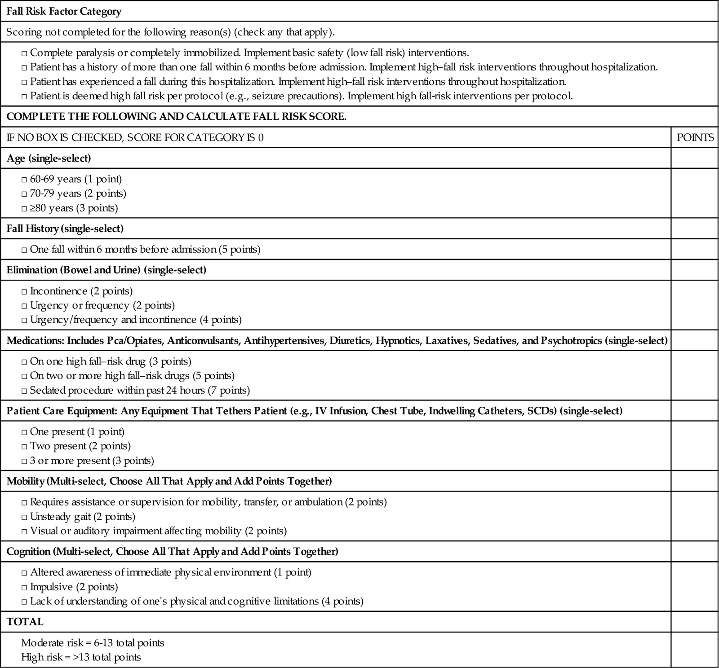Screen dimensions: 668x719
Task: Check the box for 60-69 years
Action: pyautogui.click(x=24, y=180)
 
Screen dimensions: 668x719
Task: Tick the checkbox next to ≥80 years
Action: pyautogui.click(x=24, y=208)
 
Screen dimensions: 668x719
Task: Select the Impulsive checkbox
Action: pyautogui.click(x=24, y=587)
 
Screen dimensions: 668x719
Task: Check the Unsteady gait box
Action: pyautogui.click(x=24, y=517)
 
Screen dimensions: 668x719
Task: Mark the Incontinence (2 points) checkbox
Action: pyautogui.click(x=24, y=292)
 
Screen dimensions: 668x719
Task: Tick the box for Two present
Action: pyautogui.click(x=24, y=447)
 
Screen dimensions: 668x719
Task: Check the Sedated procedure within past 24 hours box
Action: pyautogui.click(x=24, y=391)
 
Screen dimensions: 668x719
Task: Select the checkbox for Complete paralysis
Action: pyautogui.click(x=24, y=53)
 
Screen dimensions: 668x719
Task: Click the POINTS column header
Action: pyautogui.click(x=695, y=137)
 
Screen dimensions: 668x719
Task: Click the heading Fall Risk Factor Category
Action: pyautogui.click(x=64, y=11)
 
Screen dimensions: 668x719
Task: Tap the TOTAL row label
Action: pyautogui.click(x=25, y=622)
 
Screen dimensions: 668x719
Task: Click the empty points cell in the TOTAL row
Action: pyautogui.click(x=694, y=622)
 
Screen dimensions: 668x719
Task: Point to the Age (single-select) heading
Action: pyautogui.click(x=49, y=158)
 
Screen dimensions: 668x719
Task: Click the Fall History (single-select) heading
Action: pyautogui.click(x=65, y=229)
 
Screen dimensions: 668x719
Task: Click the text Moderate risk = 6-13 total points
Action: pyautogui.click(x=93, y=643)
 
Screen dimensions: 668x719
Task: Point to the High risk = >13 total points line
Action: pyautogui.click(x=81, y=657)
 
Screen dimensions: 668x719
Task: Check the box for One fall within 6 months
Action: pyautogui.click(x=24, y=250)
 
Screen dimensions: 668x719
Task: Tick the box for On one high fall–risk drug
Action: pyautogui.click(x=24, y=362)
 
